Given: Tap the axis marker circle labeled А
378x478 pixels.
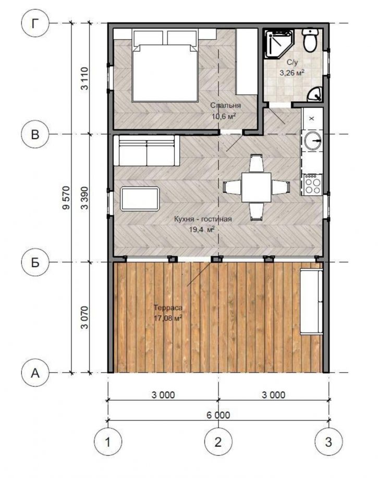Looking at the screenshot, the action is pos(35,373).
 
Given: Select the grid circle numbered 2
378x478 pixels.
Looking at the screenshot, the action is pos(218,442).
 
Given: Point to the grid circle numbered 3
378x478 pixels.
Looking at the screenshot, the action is pos(328,442).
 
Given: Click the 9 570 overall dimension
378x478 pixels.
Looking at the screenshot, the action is pos(66,198).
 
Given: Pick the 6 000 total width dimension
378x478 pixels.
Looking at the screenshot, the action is pos(218,415).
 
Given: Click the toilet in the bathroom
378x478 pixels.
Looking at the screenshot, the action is pos(310,40).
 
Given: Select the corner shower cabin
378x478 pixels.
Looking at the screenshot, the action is pos(278,44).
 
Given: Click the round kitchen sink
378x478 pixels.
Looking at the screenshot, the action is pos(313,141).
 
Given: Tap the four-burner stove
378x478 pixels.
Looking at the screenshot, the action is pos(313,185).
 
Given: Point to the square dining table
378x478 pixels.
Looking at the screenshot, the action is pos(257,187).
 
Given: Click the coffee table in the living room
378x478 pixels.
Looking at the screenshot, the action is pos(140,199).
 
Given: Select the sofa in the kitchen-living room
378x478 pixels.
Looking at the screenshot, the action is pos(147,151).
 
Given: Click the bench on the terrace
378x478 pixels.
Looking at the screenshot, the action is pos(311,301).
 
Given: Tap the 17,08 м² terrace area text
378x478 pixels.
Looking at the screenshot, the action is pos(168,318).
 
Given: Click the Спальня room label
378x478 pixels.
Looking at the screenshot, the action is pos(226,105).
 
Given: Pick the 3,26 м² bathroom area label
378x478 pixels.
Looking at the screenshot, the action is pos(292,73).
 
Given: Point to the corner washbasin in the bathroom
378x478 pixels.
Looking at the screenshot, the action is pos(314,94).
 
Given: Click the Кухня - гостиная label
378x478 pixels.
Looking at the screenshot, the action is pos(203,219).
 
